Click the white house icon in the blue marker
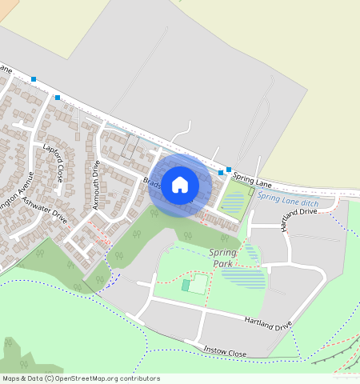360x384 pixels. click(x=180, y=185)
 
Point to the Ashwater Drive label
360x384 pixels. click(x=47, y=208)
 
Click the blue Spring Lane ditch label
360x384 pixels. click(x=288, y=200)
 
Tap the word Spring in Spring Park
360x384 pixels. click(x=223, y=253)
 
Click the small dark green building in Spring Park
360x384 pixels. click(x=186, y=285)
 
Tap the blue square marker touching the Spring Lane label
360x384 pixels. click(x=229, y=170)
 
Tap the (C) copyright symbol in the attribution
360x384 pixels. click(x=49, y=378)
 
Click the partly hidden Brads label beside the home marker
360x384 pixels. click(x=152, y=181)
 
